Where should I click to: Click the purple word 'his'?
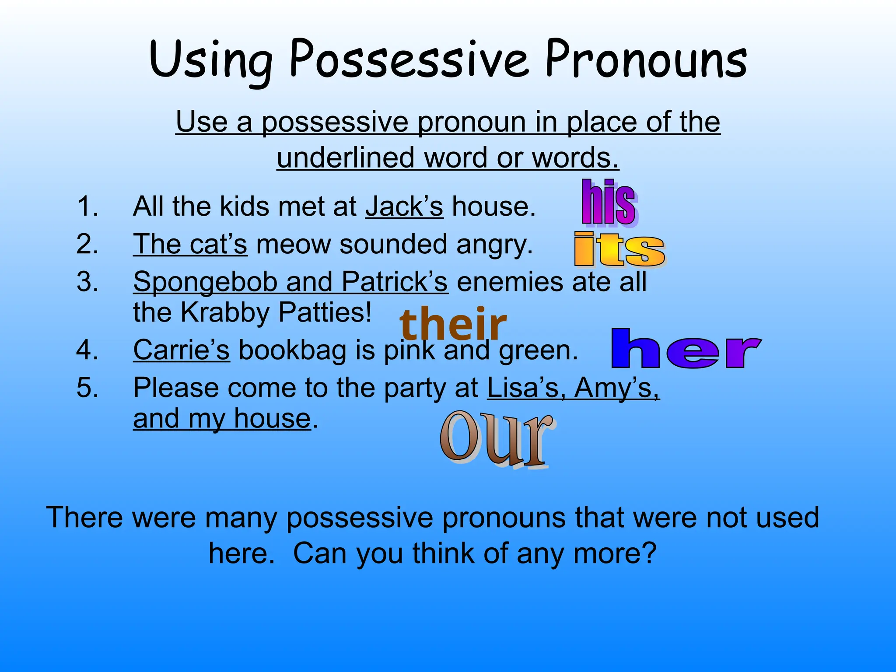(609, 203)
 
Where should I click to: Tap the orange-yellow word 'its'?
(620, 250)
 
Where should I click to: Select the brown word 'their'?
(453, 324)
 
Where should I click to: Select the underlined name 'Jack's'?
(404, 206)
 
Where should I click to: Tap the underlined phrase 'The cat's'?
(190, 244)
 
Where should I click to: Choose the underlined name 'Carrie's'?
(181, 350)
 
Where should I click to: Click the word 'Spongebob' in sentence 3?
(205, 282)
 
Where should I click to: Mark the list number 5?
(87, 388)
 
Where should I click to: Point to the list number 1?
(87, 206)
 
